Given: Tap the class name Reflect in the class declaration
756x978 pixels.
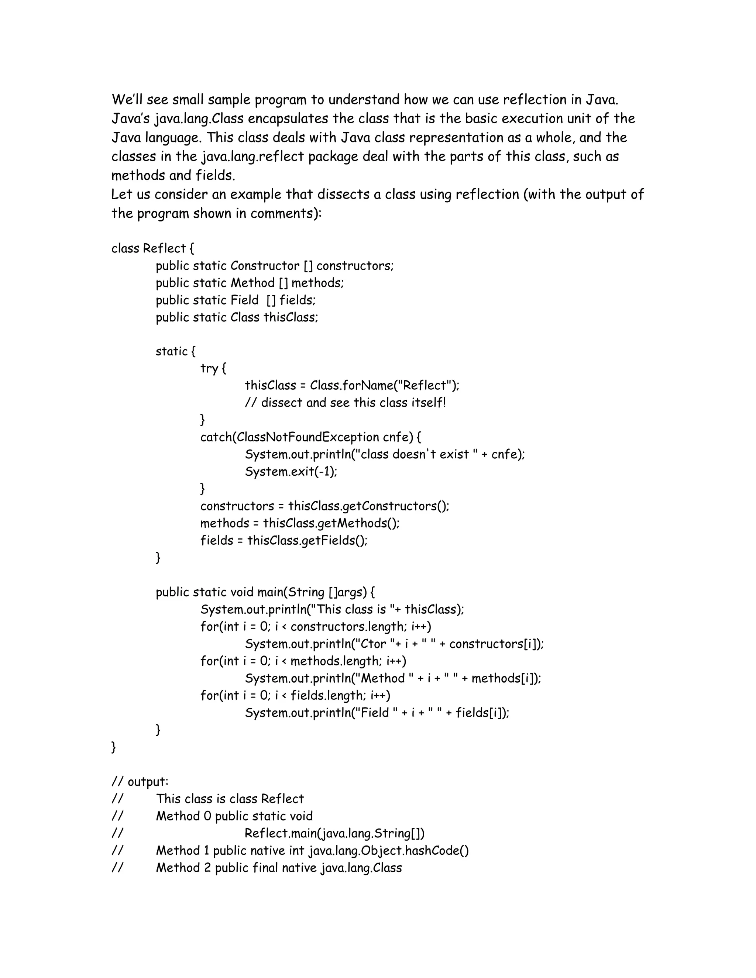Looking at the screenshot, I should [164, 248].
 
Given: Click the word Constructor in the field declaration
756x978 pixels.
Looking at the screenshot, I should [265, 266].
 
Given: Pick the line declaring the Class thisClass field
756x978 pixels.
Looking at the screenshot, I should [237, 317].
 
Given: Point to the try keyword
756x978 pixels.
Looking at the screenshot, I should [209, 369].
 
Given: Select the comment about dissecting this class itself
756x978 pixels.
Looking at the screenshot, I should [345, 403].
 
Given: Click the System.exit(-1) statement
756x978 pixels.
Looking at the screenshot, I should [291, 472].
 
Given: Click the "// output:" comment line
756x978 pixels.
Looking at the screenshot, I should [140, 782].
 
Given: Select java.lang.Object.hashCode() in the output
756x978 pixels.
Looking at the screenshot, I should [389, 851].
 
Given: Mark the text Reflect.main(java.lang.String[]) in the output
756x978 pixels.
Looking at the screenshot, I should [334, 833].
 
